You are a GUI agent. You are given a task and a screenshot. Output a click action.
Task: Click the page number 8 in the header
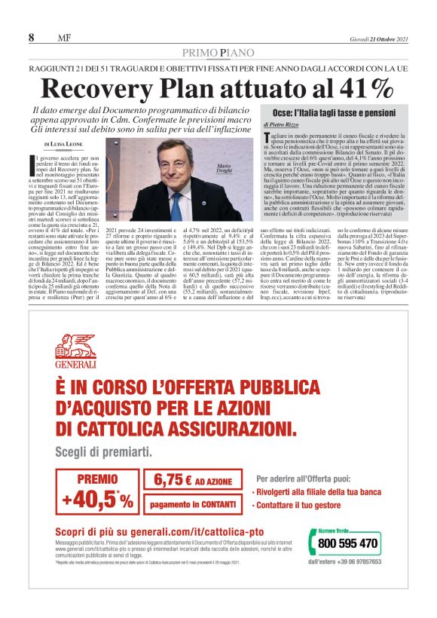pyautogui.click(x=32, y=38)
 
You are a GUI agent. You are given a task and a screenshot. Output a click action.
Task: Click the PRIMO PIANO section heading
pyautogui.click(x=218, y=51)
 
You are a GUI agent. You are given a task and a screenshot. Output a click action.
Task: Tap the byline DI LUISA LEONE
pyautogui.click(x=66, y=143)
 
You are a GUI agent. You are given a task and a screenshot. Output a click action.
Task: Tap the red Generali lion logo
pyautogui.click(x=75, y=347)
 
